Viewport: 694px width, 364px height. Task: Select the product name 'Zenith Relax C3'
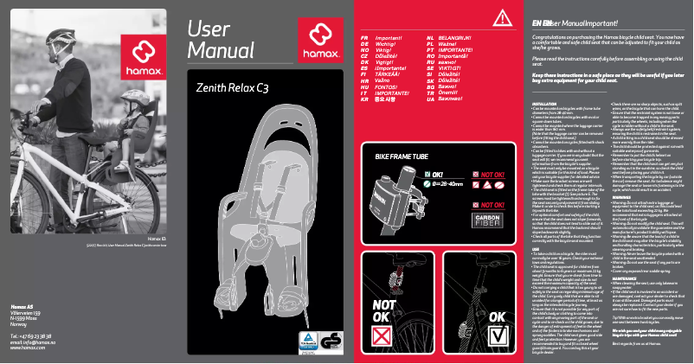click(x=233, y=88)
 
